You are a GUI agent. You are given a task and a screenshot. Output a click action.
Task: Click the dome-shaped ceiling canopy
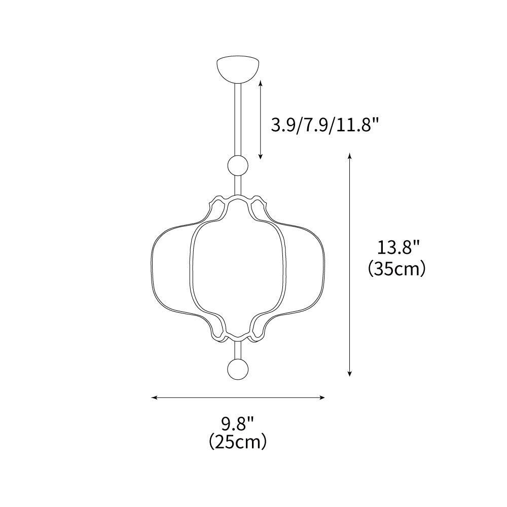[238, 69]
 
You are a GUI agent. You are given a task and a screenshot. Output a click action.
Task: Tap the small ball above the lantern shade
[238, 166]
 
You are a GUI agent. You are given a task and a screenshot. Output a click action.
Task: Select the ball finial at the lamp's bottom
[238, 369]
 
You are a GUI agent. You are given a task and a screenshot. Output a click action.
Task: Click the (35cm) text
[396, 268]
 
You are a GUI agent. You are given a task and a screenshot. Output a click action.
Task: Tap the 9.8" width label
[237, 422]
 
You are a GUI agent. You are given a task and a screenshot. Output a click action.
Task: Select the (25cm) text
[237, 442]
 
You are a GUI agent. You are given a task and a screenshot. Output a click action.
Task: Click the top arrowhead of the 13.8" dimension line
[349, 155]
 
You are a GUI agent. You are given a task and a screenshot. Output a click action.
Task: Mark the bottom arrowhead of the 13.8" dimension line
[349, 375]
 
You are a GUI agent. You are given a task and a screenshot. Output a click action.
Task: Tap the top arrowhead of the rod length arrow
[261, 82]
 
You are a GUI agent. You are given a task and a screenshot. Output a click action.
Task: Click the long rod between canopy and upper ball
[238, 119]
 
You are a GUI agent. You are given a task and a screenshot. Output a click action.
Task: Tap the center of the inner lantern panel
[238, 266]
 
